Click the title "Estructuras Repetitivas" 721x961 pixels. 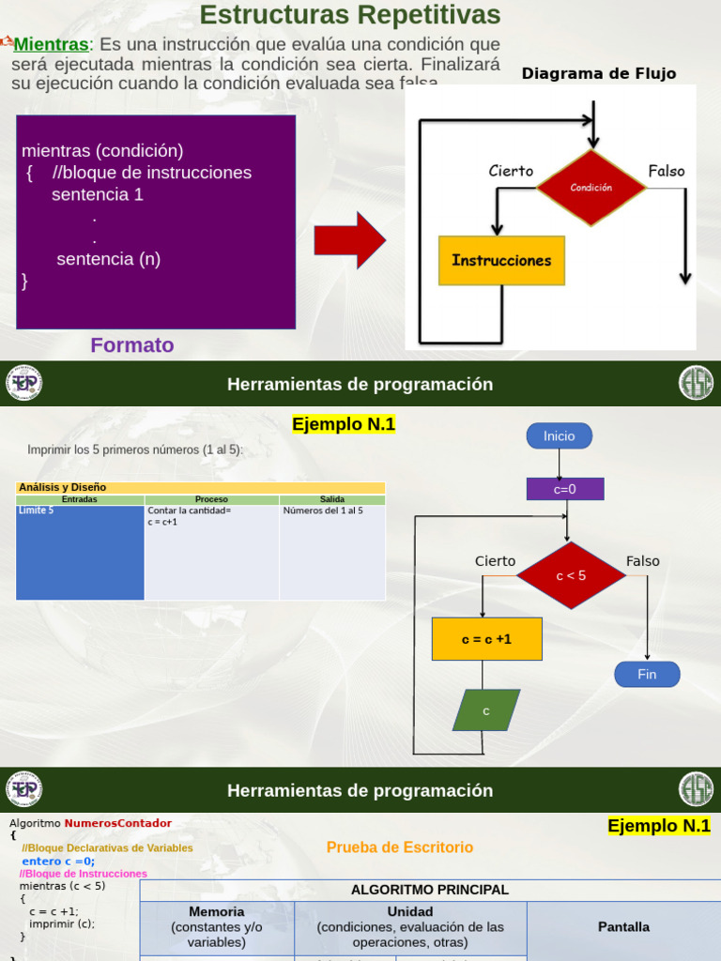pos(350,16)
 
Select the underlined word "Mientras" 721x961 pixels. pos(51,44)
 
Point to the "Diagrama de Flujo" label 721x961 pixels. pos(598,74)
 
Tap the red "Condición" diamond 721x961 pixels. pos(591,188)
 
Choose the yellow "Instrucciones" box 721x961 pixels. pos(501,261)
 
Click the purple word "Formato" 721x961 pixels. pos(132,345)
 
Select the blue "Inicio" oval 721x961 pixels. pos(559,435)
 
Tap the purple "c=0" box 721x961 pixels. pos(564,489)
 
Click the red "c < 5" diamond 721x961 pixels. pos(571,575)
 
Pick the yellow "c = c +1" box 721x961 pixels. pos(486,639)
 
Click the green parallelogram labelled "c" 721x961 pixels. pos(486,710)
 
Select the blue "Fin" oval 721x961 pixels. pos(647,674)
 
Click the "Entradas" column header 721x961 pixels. pos(80,500)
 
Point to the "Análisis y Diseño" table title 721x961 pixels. pos(63,487)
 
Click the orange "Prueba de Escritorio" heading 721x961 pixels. pos(400,847)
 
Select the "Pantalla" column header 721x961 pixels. pos(623,927)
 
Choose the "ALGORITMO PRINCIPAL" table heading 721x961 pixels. pos(429,890)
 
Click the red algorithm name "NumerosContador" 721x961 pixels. pos(118,823)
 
